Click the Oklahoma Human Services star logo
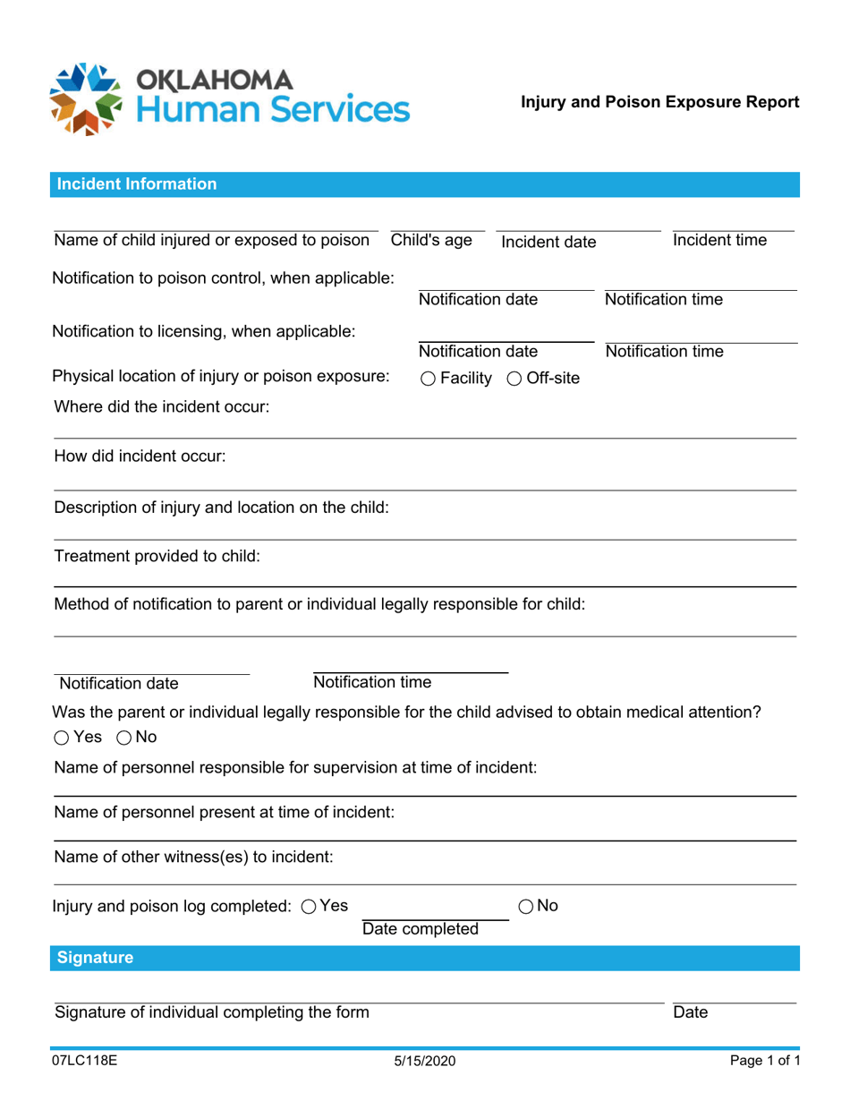87,98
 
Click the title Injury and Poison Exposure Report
660,102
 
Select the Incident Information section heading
136,184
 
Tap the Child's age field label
431,240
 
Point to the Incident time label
719,240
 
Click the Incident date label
548,242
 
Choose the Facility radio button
427,379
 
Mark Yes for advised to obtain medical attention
61,738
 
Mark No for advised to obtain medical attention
124,738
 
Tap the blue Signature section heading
95,958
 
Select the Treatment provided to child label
157,556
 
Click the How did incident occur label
140,457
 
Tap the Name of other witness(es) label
193,857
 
